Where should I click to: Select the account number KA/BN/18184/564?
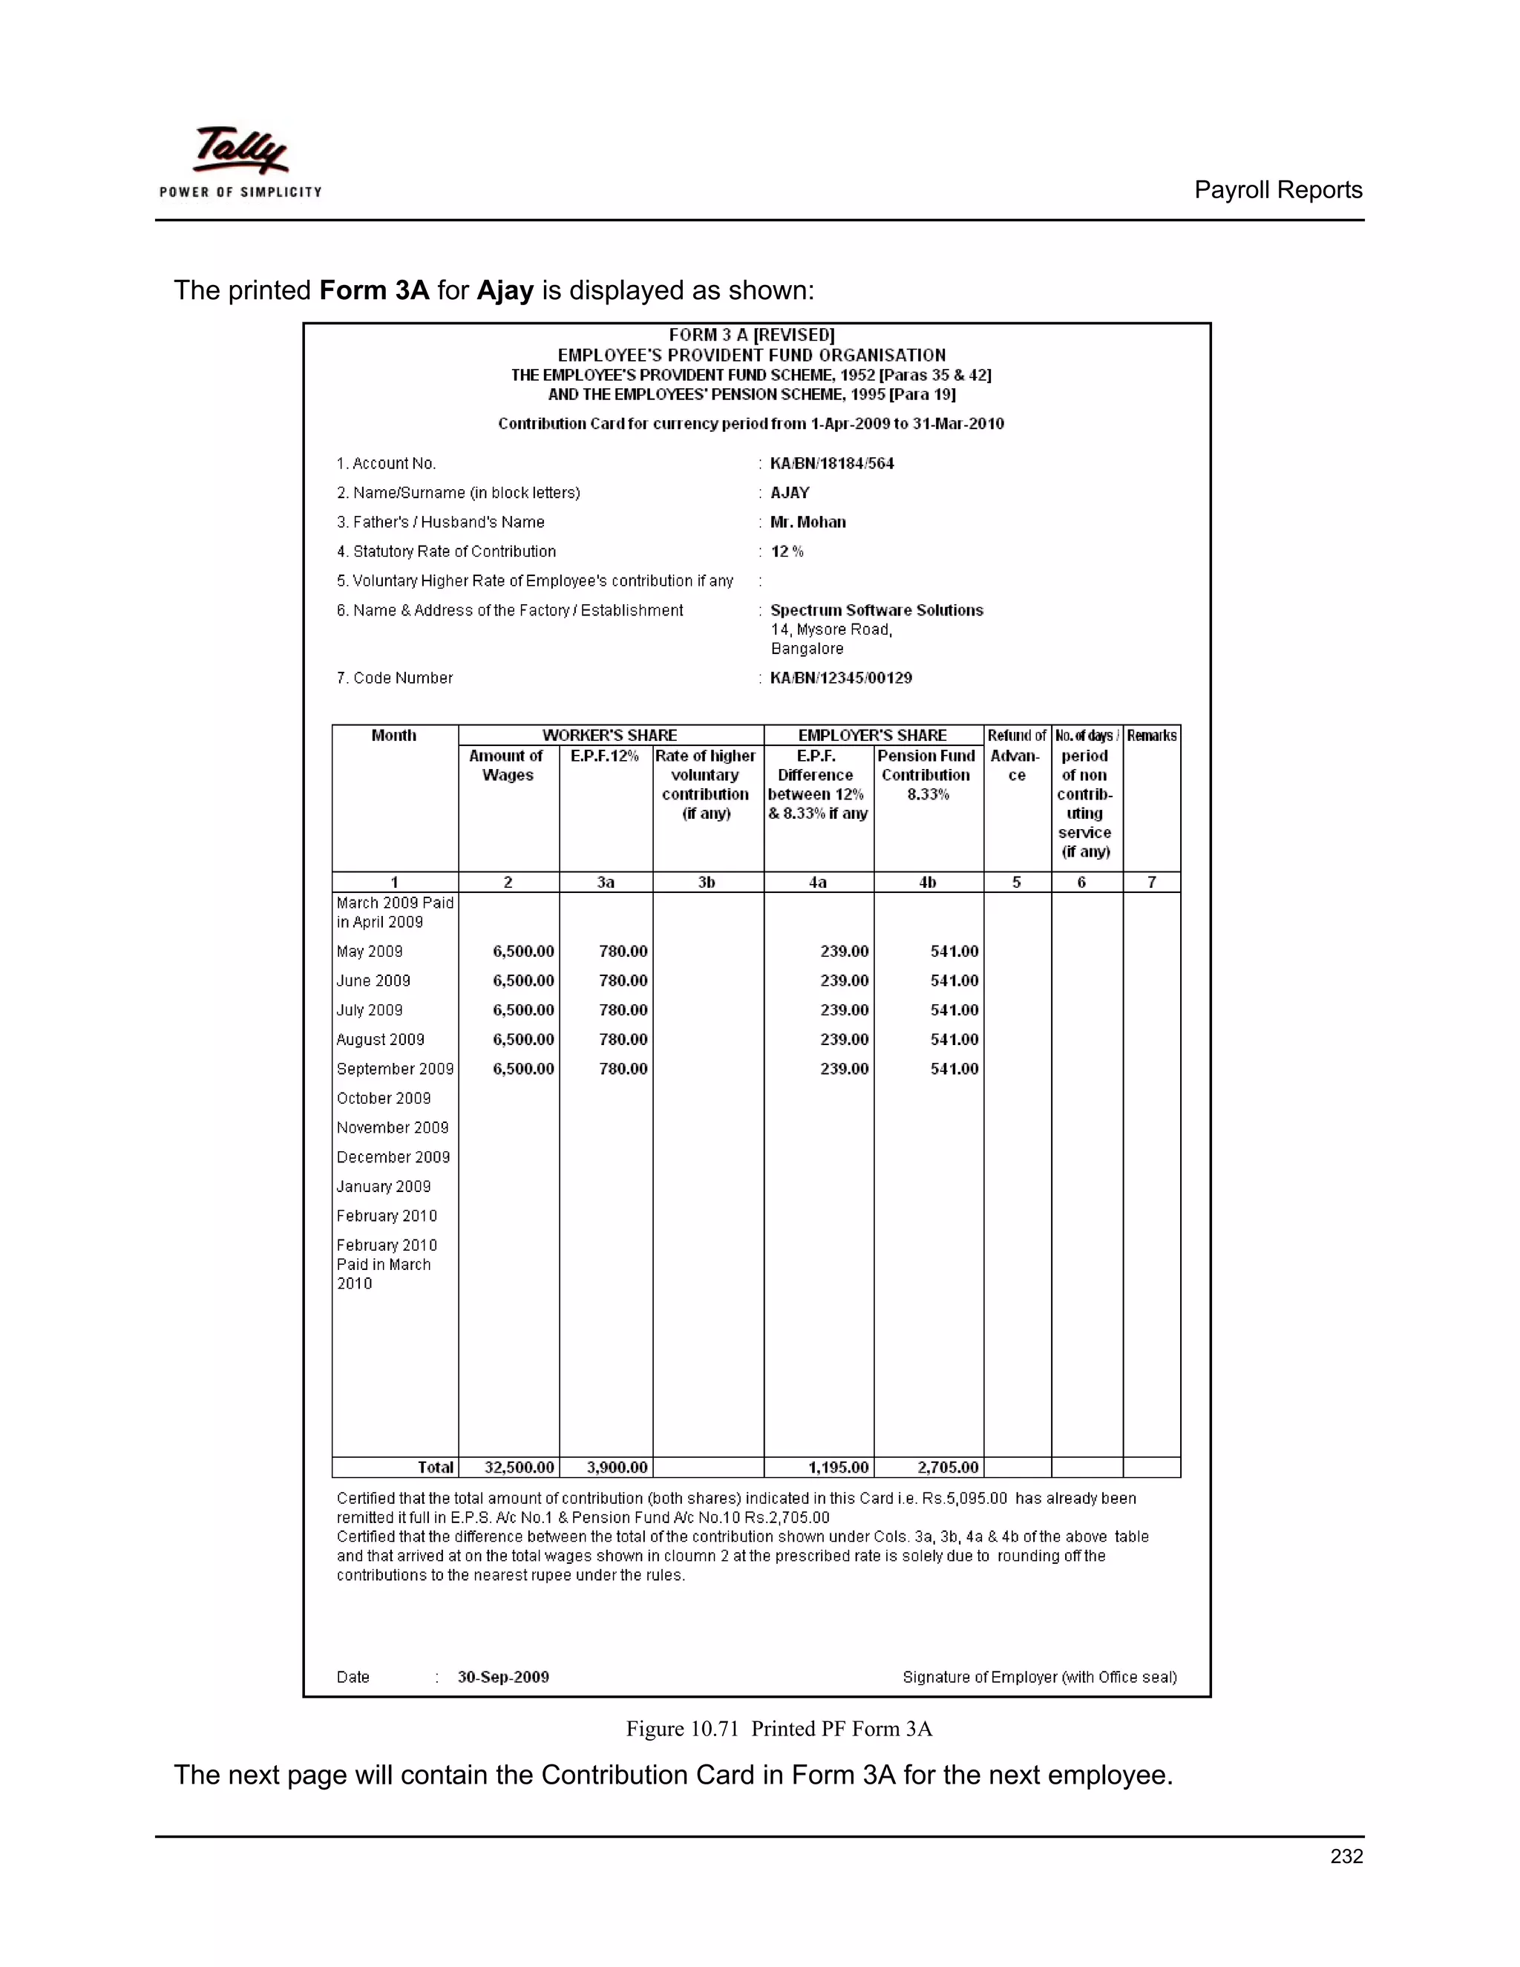tap(831, 464)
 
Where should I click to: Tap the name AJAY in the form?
tap(790, 493)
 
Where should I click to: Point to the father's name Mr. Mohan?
tap(807, 523)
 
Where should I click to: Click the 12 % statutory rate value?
tap(787, 552)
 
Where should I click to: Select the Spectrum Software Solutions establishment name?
tap(877, 611)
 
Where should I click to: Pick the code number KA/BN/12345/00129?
tap(840, 678)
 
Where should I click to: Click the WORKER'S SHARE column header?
tap(609, 735)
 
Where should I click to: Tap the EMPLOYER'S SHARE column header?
tap(871, 735)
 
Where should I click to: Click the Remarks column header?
tap(1151, 736)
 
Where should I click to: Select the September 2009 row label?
tap(394, 1069)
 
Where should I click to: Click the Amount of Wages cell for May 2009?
tap(523, 951)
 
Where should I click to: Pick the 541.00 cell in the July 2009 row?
tap(954, 1009)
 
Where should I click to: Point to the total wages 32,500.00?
tap(519, 1467)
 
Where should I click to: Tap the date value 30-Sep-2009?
tap(502, 1677)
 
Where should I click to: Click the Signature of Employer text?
tap(1039, 1677)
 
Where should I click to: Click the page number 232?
tap(1346, 1856)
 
